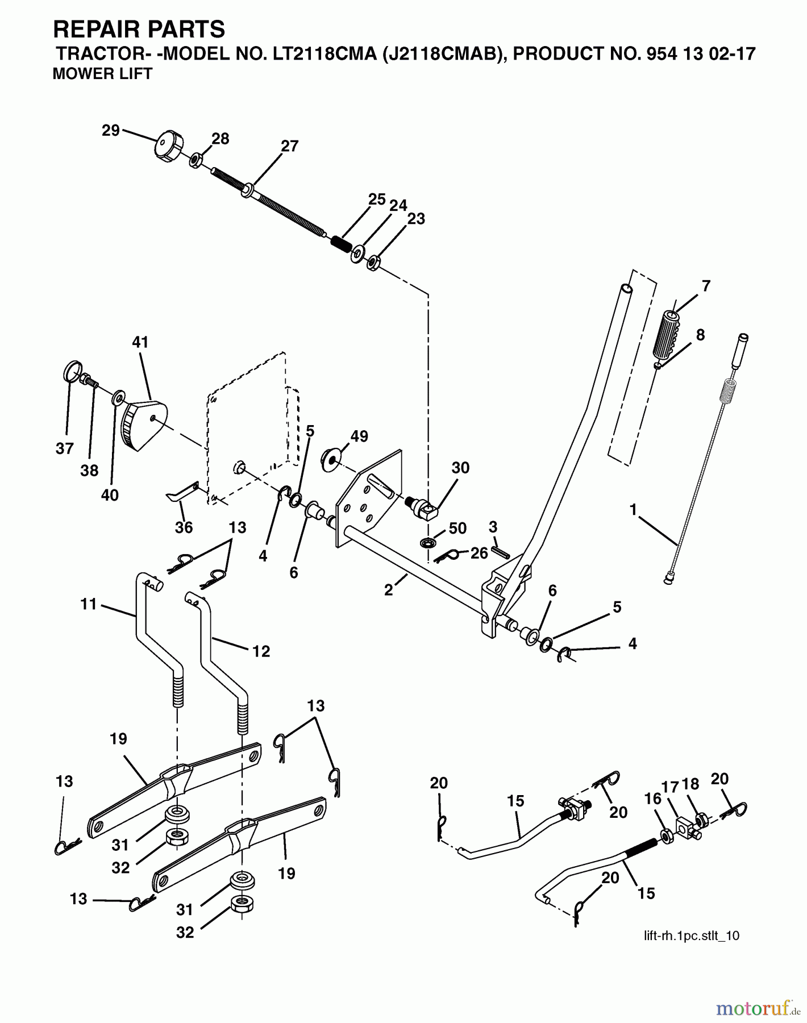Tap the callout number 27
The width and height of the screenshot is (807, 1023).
pos(289,146)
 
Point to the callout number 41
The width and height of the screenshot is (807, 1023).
pos(140,342)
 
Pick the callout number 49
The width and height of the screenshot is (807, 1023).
pos(359,436)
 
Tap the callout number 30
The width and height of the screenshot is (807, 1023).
pos(460,468)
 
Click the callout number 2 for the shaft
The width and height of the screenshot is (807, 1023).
pos(388,590)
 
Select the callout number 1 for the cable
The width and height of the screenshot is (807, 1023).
pos(633,510)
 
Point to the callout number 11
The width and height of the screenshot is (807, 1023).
pos(89,604)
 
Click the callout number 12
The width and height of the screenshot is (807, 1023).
pos(261,651)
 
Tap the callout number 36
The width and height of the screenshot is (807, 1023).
pos(184,527)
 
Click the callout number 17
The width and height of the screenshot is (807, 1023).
pos(671,787)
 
